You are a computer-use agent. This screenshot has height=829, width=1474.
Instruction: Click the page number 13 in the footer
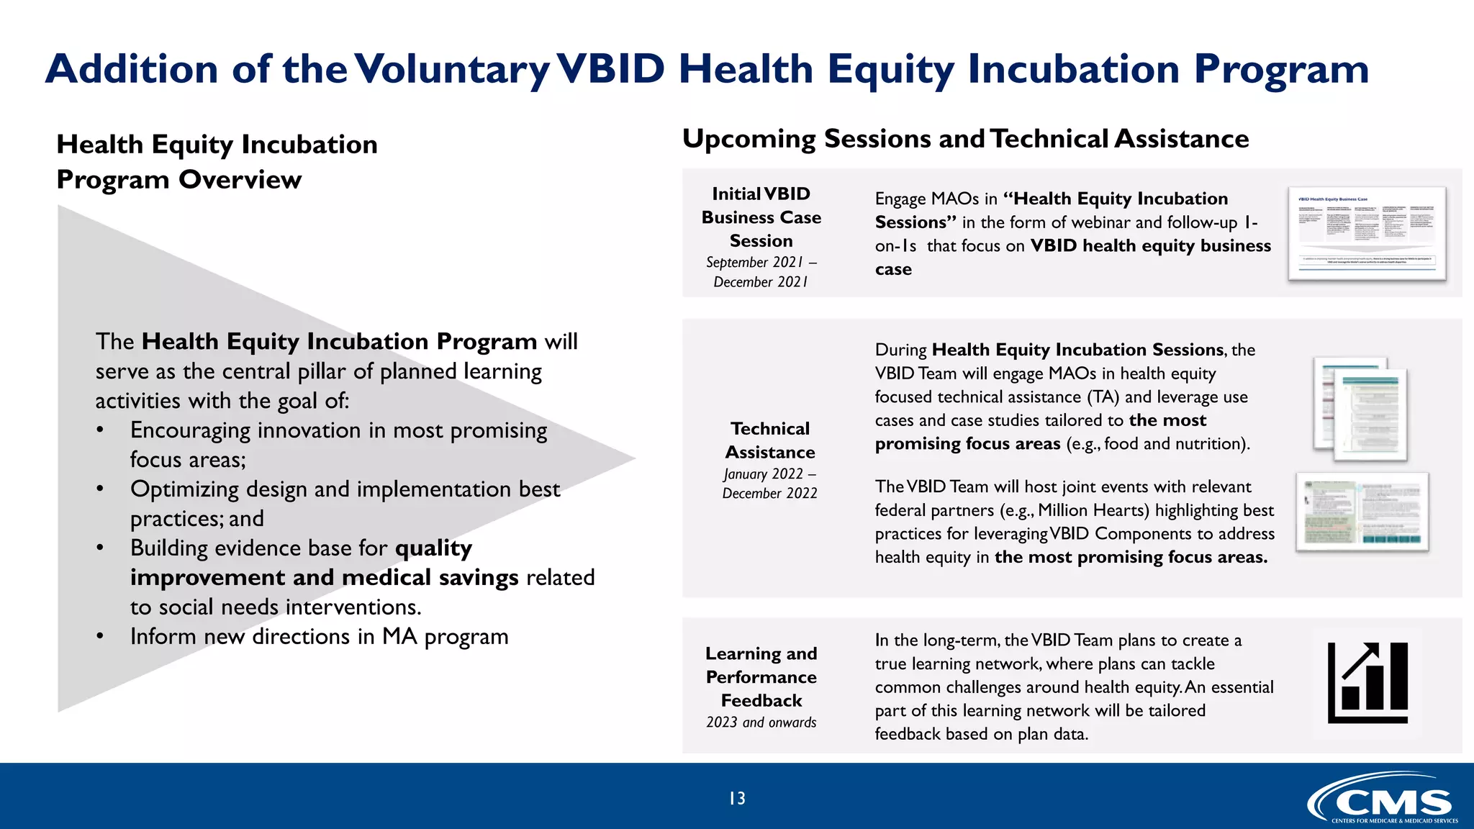(737, 798)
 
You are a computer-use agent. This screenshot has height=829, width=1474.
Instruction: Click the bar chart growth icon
(1367, 682)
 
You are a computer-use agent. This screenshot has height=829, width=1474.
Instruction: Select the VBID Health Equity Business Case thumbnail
(1367, 233)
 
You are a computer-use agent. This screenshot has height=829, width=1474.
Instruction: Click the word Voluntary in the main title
(453, 70)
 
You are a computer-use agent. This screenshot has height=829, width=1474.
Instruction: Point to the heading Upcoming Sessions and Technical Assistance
(965, 139)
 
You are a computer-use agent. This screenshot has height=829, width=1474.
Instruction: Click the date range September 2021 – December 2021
(761, 272)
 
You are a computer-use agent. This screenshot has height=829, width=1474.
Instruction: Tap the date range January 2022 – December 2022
(769, 484)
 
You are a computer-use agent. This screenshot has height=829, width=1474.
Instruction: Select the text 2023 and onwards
(761, 722)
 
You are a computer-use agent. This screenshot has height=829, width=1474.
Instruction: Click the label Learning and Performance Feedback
(761, 676)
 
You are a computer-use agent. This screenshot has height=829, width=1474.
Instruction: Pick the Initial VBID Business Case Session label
(761, 217)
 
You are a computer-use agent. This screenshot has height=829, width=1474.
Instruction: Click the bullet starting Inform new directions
(319, 637)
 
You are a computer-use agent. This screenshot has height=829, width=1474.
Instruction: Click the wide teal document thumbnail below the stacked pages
(1362, 512)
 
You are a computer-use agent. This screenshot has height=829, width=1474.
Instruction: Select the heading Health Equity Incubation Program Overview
(217, 162)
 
